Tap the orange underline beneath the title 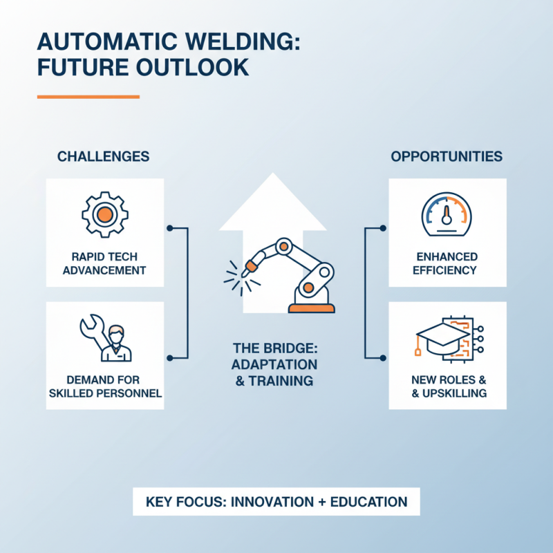click(88, 97)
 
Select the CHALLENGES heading click(103, 156)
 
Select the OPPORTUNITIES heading click(447, 156)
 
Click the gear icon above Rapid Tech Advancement click(104, 214)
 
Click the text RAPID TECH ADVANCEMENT click(104, 263)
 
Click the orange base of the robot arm click(311, 308)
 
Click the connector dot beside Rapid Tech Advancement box click(169, 226)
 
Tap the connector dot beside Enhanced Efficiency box click(384, 226)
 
